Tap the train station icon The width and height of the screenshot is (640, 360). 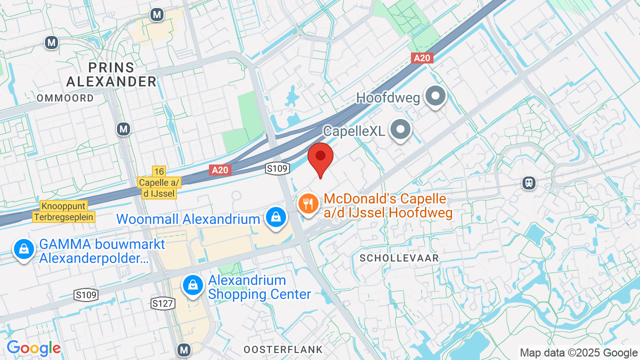click(x=528, y=183)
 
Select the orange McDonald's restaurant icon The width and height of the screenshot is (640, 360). click(x=309, y=204)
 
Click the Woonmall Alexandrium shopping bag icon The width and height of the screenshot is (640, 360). click(x=275, y=217)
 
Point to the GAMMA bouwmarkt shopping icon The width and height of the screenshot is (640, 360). click(x=23, y=248)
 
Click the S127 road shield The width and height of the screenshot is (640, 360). click(x=162, y=303)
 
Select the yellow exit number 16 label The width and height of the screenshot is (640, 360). click(x=159, y=171)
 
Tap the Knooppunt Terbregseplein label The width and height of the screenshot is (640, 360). click(x=64, y=211)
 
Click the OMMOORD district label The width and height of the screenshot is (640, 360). click(x=65, y=98)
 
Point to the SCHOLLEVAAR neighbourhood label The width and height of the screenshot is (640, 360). click(x=399, y=258)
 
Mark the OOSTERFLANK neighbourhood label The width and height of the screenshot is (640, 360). click(x=283, y=349)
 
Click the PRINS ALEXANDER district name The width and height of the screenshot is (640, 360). click(x=111, y=74)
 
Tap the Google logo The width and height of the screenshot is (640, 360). click(x=34, y=348)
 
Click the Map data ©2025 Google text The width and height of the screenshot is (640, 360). click(x=578, y=352)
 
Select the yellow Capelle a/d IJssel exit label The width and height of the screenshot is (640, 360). click(x=159, y=188)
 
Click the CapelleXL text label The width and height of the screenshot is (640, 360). click(x=354, y=131)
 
